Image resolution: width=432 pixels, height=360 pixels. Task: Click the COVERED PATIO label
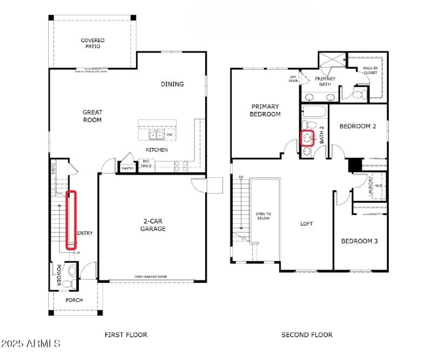click(x=92, y=43)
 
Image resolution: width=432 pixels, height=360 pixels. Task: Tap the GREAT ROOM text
click(x=92, y=116)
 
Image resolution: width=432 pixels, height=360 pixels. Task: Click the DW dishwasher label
click(x=170, y=135)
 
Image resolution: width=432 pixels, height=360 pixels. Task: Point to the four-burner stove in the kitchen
click(x=180, y=165)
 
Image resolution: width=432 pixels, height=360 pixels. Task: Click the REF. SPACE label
click(x=146, y=164)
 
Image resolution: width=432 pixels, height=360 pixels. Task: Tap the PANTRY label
click(x=127, y=169)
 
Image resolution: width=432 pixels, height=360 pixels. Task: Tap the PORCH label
click(x=74, y=300)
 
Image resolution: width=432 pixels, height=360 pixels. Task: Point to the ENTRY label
click(x=85, y=234)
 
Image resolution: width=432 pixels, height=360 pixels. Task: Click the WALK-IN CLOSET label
click(x=370, y=70)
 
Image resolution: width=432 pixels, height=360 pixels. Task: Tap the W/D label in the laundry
click(x=378, y=185)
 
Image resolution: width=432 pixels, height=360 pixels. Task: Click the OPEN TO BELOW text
click(x=263, y=216)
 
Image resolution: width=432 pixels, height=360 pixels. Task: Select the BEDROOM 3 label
click(x=359, y=241)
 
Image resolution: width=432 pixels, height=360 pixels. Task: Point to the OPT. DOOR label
click(x=294, y=79)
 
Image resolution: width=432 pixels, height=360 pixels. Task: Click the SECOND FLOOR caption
click(x=307, y=335)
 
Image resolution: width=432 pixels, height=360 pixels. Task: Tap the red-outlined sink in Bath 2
click(x=308, y=138)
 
